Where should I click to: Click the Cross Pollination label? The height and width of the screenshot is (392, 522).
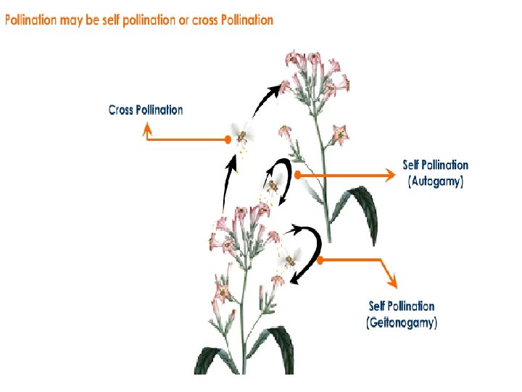pos(146,110)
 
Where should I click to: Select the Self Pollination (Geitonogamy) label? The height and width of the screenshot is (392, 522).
pos(402,314)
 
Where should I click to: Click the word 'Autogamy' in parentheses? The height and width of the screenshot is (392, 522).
pos(435,181)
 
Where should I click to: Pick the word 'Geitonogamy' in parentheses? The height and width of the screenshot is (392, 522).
pos(402,322)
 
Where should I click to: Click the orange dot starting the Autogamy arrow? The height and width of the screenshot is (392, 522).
pos(297,175)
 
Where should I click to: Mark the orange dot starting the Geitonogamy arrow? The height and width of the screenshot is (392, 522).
pos(320,259)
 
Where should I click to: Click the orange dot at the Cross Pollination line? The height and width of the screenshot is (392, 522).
pos(228,139)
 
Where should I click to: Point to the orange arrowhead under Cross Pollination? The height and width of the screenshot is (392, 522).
pos(146,128)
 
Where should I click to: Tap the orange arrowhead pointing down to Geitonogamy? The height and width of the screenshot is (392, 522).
pos(392,282)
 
